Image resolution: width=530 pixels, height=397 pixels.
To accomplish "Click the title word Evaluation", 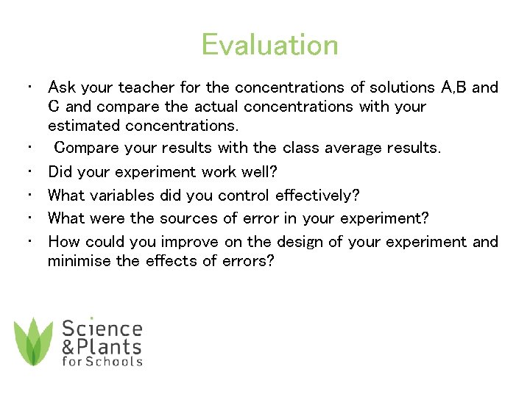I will [269, 45].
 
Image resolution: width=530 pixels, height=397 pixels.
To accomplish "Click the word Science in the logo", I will [102, 328].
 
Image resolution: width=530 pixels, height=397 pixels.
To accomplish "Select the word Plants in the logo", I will [109, 346].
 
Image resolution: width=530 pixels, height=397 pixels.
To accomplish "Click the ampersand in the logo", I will [68, 346].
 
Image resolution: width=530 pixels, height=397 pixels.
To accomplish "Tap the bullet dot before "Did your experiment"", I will [26, 172].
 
